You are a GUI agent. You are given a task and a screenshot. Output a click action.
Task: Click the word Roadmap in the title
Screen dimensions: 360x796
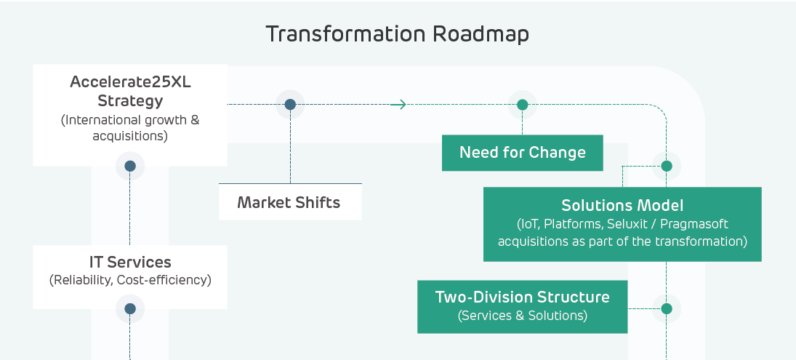[481, 34]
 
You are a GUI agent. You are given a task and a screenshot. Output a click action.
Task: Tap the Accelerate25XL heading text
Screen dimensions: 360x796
[130, 82]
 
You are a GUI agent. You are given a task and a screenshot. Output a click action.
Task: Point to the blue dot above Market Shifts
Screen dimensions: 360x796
[290, 105]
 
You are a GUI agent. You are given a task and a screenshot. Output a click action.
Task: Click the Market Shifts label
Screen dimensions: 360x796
[289, 202]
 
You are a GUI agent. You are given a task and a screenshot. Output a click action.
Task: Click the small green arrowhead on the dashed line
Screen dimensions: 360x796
[398, 105]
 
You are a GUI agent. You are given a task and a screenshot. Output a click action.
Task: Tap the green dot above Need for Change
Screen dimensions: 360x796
[522, 105]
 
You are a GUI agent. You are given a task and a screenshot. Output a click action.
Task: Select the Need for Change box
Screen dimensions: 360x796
[522, 153]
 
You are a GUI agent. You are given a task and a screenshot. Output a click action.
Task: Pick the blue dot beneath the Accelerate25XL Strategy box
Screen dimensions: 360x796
[130, 166]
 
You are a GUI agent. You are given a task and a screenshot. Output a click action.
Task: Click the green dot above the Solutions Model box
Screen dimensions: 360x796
[666, 166]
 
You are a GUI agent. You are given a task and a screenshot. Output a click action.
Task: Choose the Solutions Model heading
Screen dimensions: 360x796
[622, 206]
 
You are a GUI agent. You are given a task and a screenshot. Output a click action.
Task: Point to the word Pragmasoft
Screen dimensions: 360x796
[695, 224]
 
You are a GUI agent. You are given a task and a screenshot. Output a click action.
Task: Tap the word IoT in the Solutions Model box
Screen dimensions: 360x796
[526, 224]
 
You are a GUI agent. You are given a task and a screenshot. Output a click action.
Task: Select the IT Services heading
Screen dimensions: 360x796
[130, 263]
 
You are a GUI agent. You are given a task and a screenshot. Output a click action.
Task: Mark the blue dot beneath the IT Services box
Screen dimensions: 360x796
[130, 308]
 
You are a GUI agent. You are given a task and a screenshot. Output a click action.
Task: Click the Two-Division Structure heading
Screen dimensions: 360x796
[522, 297]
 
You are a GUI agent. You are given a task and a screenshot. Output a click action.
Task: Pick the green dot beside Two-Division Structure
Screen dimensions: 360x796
[666, 308]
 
